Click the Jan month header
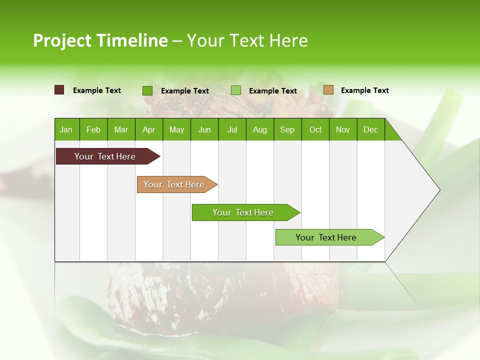pos(66,129)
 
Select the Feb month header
pos(93,129)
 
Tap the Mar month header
pos(121,129)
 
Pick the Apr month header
pos(148,129)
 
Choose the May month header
pos(176,129)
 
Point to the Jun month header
pos(204,129)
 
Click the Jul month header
pos(232,129)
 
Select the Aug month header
pos(259,129)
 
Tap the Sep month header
pos(287,129)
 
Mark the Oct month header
pos(315,129)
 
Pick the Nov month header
pos(343,129)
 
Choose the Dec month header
pos(370,129)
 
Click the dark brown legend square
pos(59,90)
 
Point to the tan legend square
pos(328,90)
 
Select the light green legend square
pos(236,90)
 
